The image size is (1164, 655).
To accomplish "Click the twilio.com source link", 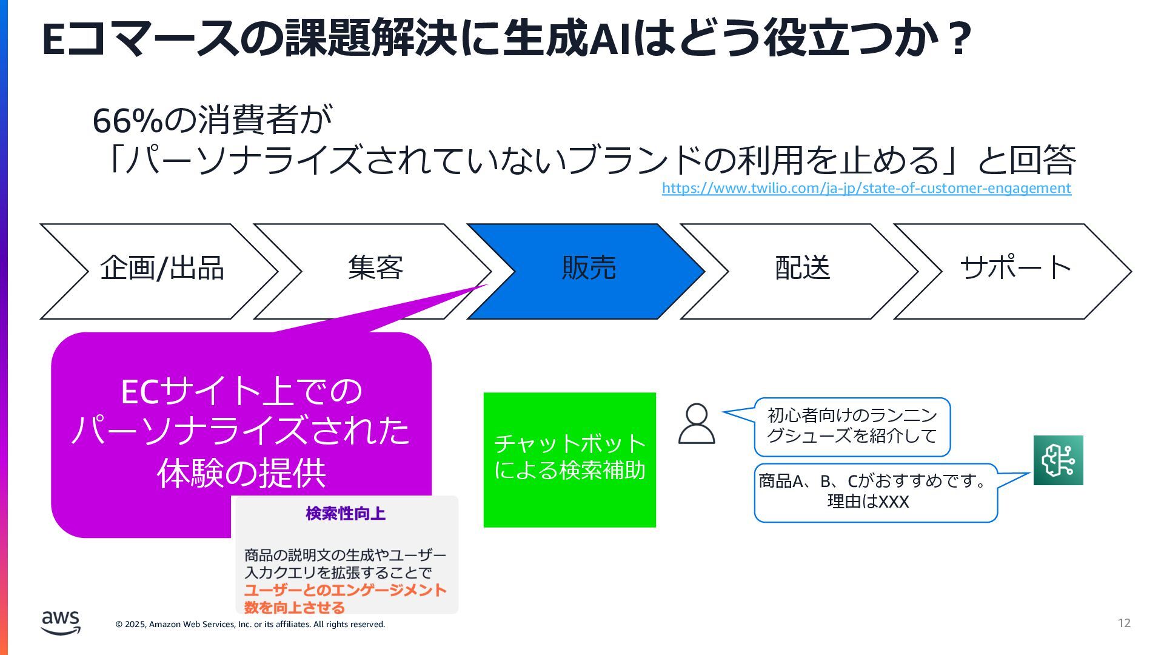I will coord(866,188).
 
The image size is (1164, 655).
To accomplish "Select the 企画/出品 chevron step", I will coord(161,268).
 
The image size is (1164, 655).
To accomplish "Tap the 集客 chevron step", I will coord(375,268).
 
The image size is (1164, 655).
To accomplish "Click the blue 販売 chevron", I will coord(588,268).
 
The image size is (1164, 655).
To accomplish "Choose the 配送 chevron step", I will coord(802,268).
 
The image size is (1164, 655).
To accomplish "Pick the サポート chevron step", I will coord(1015,268).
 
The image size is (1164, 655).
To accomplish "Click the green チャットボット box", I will coord(569,459).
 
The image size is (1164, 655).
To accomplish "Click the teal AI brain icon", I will coord(1058,460).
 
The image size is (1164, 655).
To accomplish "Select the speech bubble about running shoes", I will coord(852,426).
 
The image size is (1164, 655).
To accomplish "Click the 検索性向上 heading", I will coord(346,514).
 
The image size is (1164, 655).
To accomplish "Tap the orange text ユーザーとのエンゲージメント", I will coord(345,590).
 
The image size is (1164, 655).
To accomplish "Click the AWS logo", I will coord(61,622).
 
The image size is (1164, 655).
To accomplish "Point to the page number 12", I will coord(1124,623).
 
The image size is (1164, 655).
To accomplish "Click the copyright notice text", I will coord(250,624).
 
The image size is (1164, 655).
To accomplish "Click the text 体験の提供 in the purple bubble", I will coord(241,473).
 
